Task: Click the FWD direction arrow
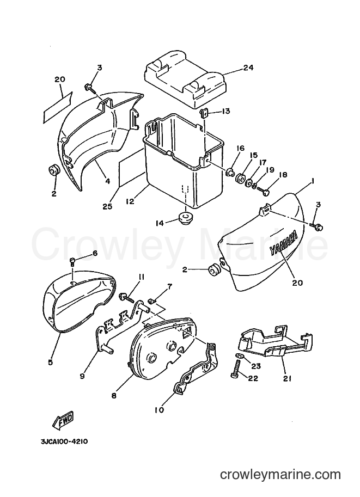(63, 421)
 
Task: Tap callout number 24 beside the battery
(248, 68)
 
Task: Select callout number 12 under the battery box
(130, 201)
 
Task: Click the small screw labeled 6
(72, 261)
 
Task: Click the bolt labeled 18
(262, 192)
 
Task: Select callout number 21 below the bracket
(287, 378)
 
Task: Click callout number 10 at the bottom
(160, 410)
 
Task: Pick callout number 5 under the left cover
(51, 362)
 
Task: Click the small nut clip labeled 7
(151, 299)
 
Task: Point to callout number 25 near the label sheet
(108, 206)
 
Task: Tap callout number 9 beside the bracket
(82, 377)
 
